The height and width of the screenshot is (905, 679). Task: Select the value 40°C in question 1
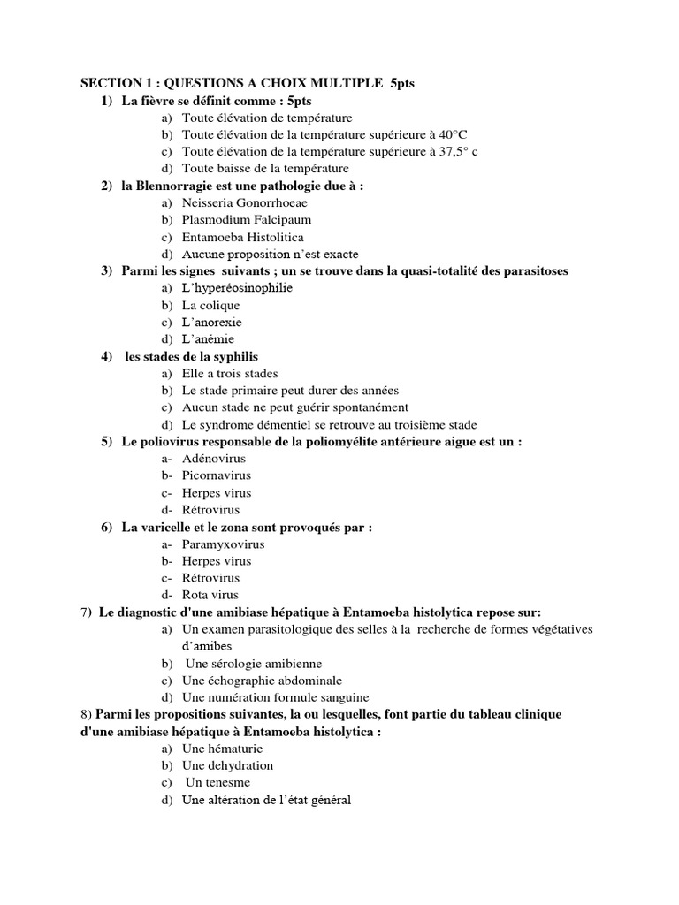tap(446, 134)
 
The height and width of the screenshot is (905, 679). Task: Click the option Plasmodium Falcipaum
tap(247, 219)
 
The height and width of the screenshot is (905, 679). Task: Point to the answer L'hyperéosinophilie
tap(237, 288)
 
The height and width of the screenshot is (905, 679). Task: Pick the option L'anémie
tap(209, 339)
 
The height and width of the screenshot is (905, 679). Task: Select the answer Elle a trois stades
tap(229, 373)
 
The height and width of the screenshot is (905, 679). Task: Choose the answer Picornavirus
tap(218, 475)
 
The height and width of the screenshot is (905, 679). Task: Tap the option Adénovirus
tap(214, 459)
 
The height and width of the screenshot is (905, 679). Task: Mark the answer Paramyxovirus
tap(223, 544)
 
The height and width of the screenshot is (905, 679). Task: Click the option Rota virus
tap(210, 596)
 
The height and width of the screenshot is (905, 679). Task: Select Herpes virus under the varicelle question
tap(217, 561)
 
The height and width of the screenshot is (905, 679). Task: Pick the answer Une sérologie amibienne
tap(254, 664)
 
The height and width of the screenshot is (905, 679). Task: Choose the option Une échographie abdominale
tap(262, 681)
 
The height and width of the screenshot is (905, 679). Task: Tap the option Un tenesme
tap(217, 783)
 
